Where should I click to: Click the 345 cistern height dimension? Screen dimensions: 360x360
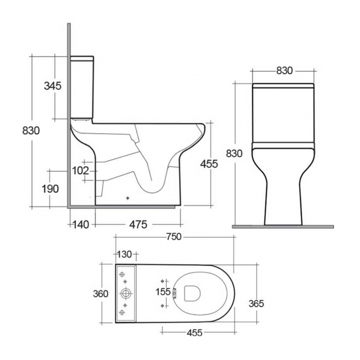[52, 86]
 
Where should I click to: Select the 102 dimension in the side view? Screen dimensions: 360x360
[80, 171]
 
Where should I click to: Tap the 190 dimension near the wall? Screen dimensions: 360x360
[50, 189]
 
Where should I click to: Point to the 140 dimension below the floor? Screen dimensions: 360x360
[80, 224]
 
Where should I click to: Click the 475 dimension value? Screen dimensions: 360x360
[137, 224]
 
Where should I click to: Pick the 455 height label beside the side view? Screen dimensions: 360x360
[209, 164]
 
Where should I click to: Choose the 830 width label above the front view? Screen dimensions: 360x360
[284, 71]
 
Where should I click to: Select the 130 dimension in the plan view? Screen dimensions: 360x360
[124, 254]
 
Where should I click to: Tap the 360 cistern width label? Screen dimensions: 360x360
[100, 294]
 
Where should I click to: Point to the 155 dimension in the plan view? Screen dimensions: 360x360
[162, 292]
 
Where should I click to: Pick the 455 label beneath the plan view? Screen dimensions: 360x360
[194, 333]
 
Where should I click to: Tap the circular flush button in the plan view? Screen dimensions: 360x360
[126, 293]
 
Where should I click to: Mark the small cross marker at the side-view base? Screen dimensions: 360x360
[127, 197]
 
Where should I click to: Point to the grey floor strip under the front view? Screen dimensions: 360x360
[283, 227]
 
